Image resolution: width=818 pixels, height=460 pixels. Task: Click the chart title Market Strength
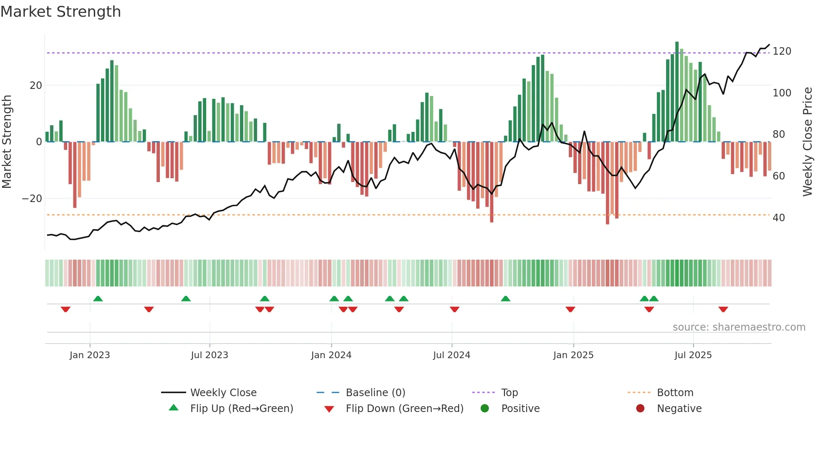point(61,12)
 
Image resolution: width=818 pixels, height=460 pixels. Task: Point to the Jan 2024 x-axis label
point(331,355)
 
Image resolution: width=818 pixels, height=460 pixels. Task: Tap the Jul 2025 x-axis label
point(693,355)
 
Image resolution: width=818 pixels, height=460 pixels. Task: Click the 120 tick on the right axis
point(782,51)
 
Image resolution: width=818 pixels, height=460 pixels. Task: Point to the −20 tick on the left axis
point(32,199)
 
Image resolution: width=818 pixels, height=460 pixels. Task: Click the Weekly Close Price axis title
point(808,142)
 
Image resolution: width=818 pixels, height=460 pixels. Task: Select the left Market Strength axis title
point(7,142)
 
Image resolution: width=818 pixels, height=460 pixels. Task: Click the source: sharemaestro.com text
point(739,327)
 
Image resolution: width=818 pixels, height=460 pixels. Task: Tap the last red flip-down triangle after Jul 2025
point(723,309)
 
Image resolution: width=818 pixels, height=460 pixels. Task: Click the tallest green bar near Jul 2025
point(677,92)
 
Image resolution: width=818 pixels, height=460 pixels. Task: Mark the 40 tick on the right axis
point(779,218)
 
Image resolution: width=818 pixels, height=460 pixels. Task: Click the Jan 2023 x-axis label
point(90,355)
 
